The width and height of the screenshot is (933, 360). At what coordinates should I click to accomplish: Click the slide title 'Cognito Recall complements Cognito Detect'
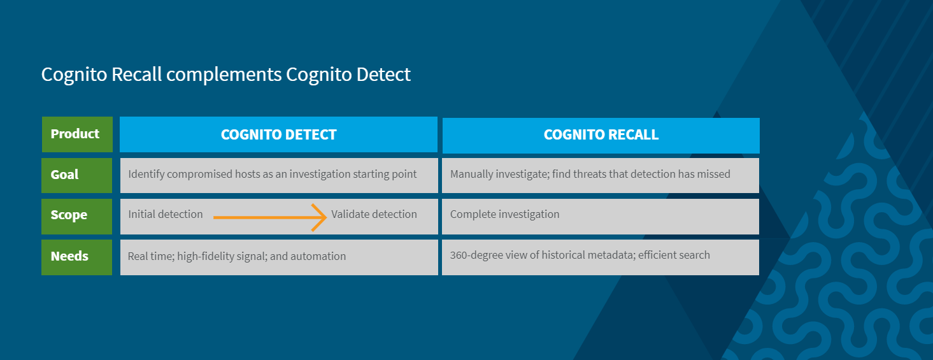coord(225,75)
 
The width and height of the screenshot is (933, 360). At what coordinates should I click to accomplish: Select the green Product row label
coord(77,134)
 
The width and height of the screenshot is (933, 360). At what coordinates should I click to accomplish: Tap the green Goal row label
coord(76,175)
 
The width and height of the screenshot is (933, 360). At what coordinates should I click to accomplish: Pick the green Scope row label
coord(76,216)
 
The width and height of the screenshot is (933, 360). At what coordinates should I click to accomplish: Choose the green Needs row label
coord(76,257)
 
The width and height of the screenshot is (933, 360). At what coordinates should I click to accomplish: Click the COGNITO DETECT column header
coord(279,134)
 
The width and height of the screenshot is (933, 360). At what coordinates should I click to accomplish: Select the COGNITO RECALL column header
coord(601,135)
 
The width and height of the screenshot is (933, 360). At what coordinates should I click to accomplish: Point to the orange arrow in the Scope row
coord(270,217)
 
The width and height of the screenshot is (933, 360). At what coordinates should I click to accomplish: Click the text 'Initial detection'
coord(166,214)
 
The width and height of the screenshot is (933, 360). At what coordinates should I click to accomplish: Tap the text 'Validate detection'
coord(374,214)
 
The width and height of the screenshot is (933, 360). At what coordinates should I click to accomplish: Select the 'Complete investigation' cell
coord(600,216)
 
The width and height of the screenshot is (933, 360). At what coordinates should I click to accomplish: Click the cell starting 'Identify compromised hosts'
coord(279,175)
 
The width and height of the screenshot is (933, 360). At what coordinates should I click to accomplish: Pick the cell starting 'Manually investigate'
coord(600,175)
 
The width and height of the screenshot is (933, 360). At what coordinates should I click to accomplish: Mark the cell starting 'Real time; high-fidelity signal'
coord(279,257)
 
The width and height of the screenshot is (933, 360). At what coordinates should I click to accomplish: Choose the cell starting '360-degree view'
coord(600,257)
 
